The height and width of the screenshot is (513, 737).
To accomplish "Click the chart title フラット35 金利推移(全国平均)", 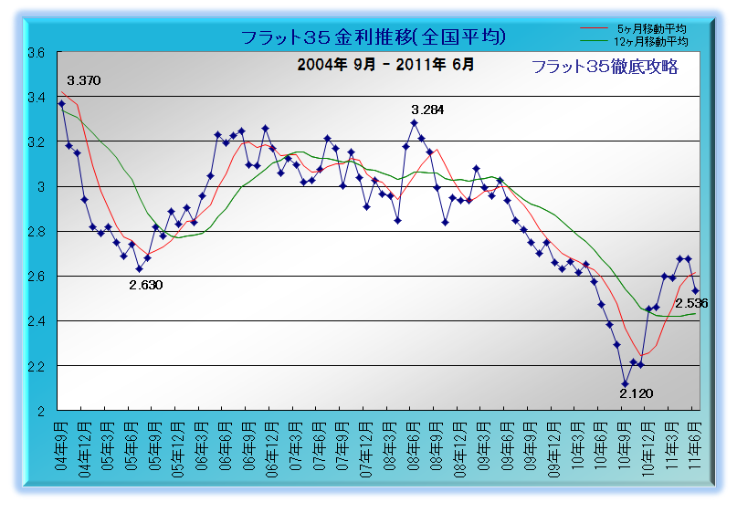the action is click(x=374, y=37).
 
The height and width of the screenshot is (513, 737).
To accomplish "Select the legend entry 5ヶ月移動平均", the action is click(x=651, y=28).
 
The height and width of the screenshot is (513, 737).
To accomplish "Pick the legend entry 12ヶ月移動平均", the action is click(x=650, y=42).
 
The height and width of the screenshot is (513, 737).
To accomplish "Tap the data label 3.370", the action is click(x=84, y=81).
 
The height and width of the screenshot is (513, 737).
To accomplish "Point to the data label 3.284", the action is click(x=427, y=110).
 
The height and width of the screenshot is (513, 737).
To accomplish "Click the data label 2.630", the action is click(x=146, y=285).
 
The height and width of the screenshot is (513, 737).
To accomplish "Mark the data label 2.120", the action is click(x=636, y=393).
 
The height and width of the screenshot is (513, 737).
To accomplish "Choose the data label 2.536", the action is click(x=691, y=303).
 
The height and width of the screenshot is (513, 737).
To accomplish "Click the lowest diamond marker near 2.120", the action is click(x=626, y=383).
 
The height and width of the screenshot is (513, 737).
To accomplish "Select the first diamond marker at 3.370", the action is click(x=61, y=103).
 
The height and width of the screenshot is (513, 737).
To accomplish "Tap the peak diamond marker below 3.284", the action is click(x=414, y=123).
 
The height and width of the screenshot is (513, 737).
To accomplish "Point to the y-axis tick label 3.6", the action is click(x=37, y=53).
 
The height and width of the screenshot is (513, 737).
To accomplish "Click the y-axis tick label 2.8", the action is click(x=37, y=232).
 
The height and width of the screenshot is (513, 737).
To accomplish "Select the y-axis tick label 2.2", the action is click(x=37, y=366).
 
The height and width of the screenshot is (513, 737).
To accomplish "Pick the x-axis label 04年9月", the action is click(x=61, y=445).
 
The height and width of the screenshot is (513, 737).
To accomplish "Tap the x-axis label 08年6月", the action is click(x=414, y=445).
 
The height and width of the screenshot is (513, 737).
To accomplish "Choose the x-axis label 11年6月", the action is click(x=695, y=445).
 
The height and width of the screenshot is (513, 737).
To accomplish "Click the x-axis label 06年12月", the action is click(x=273, y=450).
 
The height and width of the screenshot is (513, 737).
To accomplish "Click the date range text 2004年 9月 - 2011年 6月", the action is click(x=385, y=65).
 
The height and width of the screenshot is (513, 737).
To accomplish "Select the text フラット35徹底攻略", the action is click(x=605, y=67).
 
